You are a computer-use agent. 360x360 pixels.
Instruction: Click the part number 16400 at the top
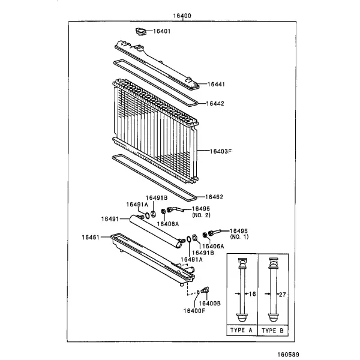(182, 16)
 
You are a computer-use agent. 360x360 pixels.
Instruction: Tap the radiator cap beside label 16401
(140, 31)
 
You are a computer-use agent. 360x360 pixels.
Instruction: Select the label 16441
(216, 84)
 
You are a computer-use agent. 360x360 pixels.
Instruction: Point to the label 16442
(215, 104)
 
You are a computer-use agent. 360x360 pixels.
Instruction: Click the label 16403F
(221, 151)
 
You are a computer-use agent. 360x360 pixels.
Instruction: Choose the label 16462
(214, 197)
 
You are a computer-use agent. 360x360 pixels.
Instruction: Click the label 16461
(91, 237)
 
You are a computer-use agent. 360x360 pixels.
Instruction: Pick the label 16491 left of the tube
(110, 219)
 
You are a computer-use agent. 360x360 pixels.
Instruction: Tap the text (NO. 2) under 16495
(201, 215)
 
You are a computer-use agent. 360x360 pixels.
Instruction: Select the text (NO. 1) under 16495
(239, 236)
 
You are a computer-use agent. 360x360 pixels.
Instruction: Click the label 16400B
(209, 304)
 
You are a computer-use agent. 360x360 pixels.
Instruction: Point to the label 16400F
(194, 311)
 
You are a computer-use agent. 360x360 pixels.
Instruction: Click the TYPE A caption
(241, 330)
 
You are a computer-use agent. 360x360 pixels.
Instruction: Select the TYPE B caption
(273, 331)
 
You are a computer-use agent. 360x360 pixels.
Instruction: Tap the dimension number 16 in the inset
(253, 294)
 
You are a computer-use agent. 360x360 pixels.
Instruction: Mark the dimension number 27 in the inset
(283, 295)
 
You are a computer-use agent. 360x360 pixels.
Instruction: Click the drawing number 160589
(289, 355)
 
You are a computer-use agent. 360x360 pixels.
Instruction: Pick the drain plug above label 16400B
(205, 290)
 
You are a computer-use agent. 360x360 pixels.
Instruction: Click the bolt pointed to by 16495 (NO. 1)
(214, 233)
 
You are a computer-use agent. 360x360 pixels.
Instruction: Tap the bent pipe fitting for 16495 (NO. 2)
(175, 209)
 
